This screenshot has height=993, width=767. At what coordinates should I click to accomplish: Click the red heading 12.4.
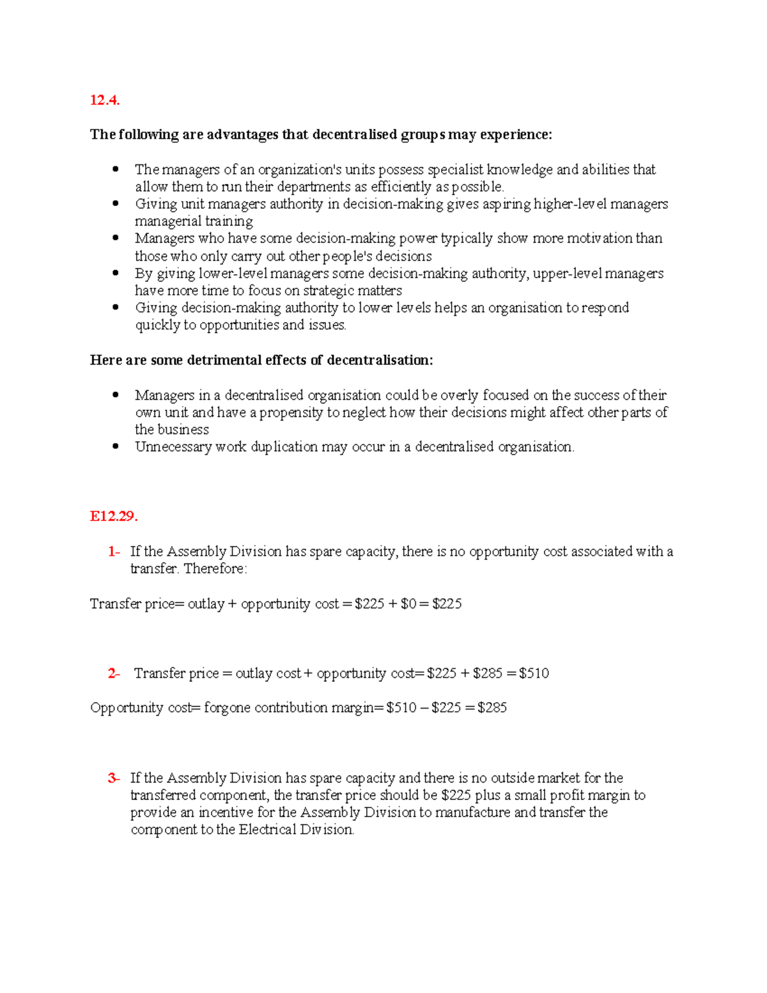(x=105, y=100)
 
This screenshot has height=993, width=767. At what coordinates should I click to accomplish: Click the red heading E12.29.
(x=114, y=517)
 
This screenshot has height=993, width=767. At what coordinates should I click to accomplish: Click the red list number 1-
(x=114, y=551)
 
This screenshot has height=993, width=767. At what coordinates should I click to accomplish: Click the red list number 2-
(x=114, y=673)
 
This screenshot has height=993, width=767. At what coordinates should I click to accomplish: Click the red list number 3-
(x=114, y=778)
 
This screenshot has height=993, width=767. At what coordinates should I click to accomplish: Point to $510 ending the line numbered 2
(x=534, y=673)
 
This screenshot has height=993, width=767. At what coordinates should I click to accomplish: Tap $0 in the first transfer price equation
(x=408, y=604)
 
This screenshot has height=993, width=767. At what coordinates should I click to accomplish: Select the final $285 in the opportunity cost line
(x=492, y=708)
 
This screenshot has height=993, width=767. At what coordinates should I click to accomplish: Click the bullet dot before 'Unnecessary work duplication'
(x=116, y=446)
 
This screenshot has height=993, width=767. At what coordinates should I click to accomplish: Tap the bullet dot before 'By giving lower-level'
(x=116, y=273)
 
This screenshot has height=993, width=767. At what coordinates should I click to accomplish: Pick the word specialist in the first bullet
(x=455, y=169)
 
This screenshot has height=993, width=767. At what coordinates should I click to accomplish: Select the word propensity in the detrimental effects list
(x=291, y=412)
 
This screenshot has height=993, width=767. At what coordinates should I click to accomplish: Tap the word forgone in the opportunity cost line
(x=227, y=708)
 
